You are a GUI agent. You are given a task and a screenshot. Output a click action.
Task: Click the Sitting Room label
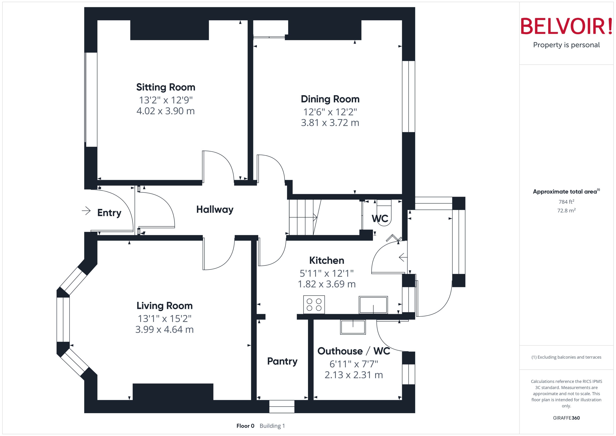[x=166, y=87]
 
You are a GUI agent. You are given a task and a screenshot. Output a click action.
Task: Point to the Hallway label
[x=215, y=209]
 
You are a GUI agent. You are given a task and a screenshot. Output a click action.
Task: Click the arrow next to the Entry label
[x=86, y=211]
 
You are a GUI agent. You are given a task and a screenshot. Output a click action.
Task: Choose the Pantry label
[x=282, y=361]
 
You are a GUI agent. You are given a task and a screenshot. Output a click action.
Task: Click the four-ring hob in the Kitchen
[x=314, y=305]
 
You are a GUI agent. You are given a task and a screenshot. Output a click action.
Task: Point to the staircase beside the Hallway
[x=303, y=217]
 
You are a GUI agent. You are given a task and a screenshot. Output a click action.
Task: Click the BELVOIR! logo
[x=566, y=26]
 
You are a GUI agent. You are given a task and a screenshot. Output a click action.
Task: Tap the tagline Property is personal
[x=566, y=45]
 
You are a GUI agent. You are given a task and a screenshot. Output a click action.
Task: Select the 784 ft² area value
[x=566, y=202]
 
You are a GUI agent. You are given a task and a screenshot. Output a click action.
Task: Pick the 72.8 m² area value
[x=566, y=211]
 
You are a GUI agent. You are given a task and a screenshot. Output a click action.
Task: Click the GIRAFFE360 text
[x=566, y=418]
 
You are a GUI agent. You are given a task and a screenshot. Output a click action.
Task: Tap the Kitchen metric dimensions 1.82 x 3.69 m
[x=327, y=284]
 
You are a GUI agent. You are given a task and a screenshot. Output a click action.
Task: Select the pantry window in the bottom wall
[x=282, y=406]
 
